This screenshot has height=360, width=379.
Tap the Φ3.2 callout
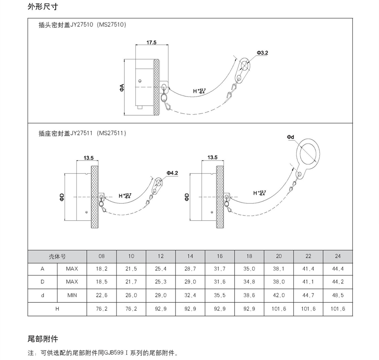click(262, 53)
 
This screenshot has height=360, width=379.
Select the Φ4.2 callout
click(172, 173)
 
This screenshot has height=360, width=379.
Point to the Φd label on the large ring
click(291, 137)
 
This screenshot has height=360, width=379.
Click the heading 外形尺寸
click(43, 7)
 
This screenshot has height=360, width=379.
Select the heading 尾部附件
click(43, 338)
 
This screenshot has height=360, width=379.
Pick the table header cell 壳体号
click(57, 256)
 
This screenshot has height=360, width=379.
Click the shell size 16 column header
click(220, 256)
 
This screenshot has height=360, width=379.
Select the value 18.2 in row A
click(102, 269)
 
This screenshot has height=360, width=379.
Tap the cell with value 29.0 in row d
click(161, 296)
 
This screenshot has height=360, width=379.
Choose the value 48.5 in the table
click(338, 296)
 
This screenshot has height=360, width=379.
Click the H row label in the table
click(57, 309)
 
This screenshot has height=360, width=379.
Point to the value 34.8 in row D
click(249, 282)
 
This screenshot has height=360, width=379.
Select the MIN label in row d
click(72, 296)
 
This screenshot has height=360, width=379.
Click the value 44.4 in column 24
click(338, 269)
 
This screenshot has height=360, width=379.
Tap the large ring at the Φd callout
click(309, 155)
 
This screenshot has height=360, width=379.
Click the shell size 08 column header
click(102, 256)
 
